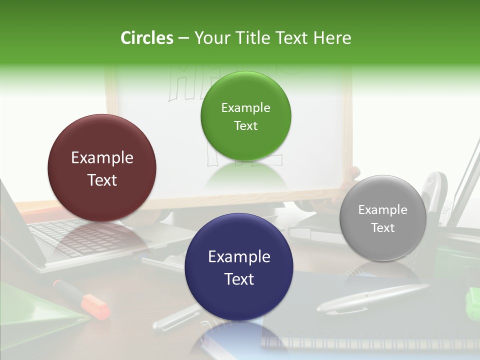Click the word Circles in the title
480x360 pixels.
pyautogui.click(x=146, y=38)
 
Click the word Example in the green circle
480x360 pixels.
pyautogui.click(x=245, y=107)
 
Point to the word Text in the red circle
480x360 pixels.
pyautogui.click(x=102, y=180)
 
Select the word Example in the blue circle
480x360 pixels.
pyautogui.click(x=239, y=256)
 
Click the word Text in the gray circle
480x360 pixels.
pyautogui.click(x=383, y=227)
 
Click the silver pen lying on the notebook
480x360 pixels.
pyautogui.click(x=372, y=298)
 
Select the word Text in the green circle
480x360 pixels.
pyautogui.click(x=245, y=125)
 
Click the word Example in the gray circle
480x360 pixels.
pyautogui.click(x=383, y=209)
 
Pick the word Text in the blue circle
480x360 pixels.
pyautogui.click(x=239, y=279)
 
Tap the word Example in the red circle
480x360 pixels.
pyautogui.click(x=102, y=157)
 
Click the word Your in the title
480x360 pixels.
pyautogui.click(x=210, y=38)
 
